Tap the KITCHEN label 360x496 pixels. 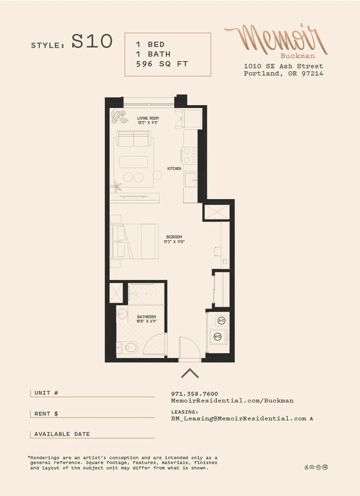[x=174, y=169]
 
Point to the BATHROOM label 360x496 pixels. [x=147, y=319]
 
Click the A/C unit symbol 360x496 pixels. [x=221, y=320]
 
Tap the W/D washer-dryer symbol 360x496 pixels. [x=217, y=337]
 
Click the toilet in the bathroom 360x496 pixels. [x=127, y=348]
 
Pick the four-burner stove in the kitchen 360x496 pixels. [x=189, y=156]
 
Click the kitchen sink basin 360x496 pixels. [x=190, y=180]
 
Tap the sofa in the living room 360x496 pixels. [x=134, y=139]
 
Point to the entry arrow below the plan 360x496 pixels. [x=190, y=373]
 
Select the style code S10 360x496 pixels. [x=92, y=42]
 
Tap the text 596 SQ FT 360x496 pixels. [x=162, y=63]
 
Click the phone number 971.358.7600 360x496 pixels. [x=195, y=394]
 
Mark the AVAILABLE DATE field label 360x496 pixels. [x=62, y=434]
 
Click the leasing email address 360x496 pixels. [x=239, y=418]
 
